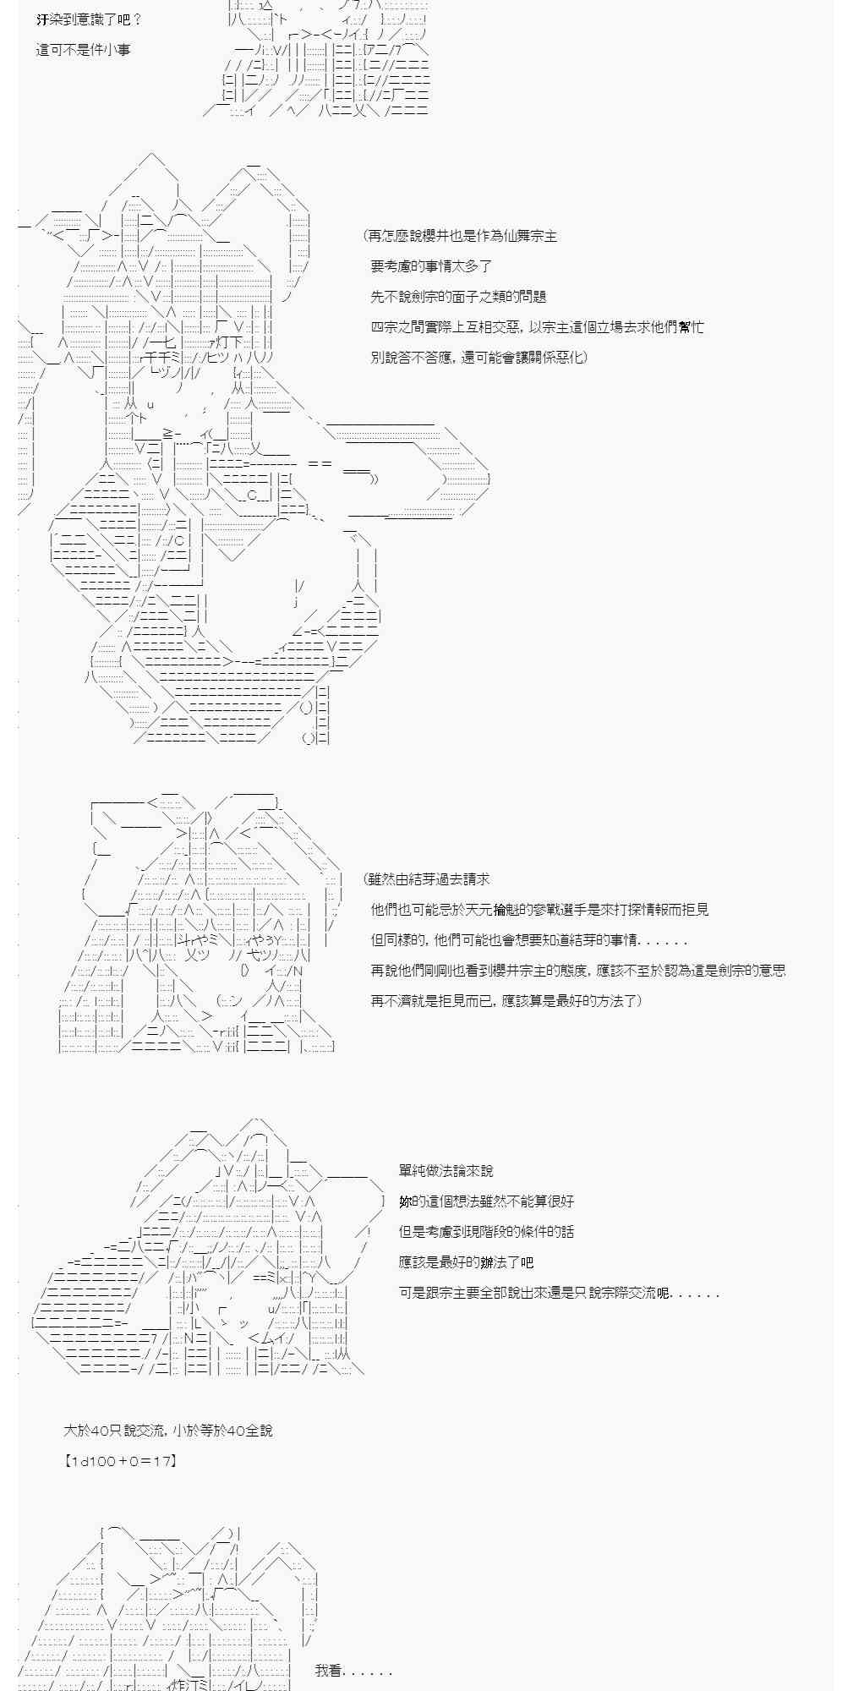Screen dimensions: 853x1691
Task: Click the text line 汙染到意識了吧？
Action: (x=90, y=19)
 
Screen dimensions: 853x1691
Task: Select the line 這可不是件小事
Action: (x=84, y=50)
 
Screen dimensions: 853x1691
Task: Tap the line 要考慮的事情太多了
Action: (x=431, y=266)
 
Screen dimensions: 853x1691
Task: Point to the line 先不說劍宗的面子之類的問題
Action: (x=458, y=297)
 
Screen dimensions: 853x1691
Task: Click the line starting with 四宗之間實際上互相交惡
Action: (x=537, y=327)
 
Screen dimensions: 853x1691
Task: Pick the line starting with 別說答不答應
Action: (x=478, y=358)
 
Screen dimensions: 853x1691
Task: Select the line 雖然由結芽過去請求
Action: (x=427, y=879)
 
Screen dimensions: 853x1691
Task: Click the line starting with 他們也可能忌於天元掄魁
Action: (x=539, y=910)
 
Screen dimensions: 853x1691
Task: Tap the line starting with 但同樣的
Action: (x=529, y=940)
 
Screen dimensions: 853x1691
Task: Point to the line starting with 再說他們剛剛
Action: (x=578, y=971)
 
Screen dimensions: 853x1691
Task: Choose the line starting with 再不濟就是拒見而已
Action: (x=506, y=1001)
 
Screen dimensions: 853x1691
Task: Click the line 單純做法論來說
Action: (x=446, y=1171)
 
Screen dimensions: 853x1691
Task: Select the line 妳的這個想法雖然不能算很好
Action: (x=487, y=1201)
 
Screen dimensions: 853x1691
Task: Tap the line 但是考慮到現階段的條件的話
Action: (x=487, y=1232)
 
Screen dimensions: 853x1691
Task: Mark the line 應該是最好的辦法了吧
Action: (x=467, y=1262)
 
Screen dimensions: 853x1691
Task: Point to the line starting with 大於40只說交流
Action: (x=168, y=1431)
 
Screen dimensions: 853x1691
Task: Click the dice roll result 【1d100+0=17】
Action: (x=120, y=1460)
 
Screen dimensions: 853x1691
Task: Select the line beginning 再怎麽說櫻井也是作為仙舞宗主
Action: (x=461, y=236)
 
